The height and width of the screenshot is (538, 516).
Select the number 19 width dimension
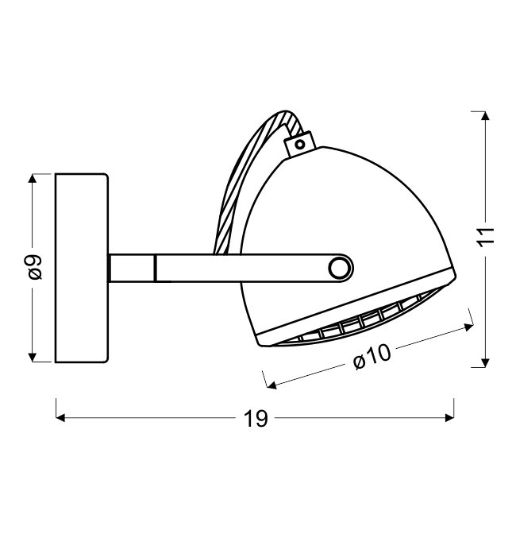256,419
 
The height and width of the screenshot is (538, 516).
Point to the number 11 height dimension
486,236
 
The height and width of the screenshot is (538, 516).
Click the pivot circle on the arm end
340,268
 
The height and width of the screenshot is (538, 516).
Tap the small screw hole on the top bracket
300,145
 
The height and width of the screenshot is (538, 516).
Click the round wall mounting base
82,268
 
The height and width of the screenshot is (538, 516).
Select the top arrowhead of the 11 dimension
485,116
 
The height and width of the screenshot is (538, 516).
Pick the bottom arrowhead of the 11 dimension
485,362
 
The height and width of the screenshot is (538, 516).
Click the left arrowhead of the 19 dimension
60,417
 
